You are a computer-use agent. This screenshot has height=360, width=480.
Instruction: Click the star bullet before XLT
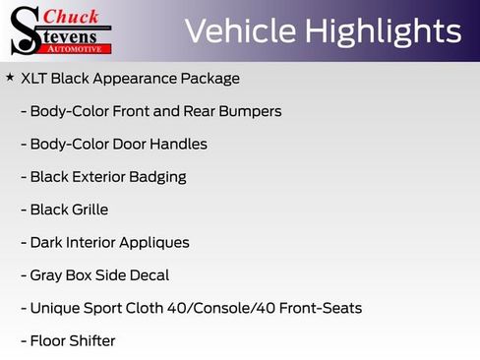tap(10, 77)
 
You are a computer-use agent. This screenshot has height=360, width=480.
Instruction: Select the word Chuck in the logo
tap(73, 17)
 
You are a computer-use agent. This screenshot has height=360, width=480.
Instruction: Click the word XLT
tap(35, 78)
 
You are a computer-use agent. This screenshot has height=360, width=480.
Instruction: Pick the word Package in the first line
tap(212, 78)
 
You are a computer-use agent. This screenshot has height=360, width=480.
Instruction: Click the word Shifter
tap(90, 341)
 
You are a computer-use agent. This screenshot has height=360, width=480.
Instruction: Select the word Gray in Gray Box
tap(46, 275)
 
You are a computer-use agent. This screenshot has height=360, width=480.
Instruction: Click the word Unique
tap(55, 308)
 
